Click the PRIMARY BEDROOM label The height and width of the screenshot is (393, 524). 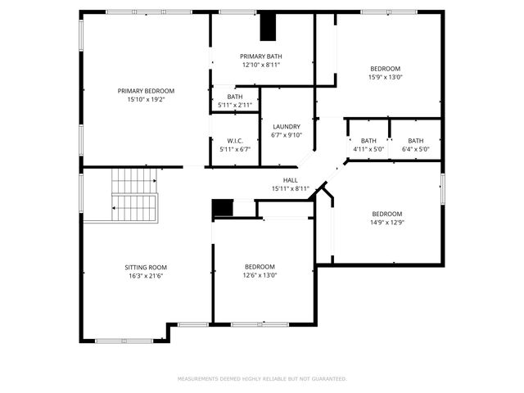pos(146,91)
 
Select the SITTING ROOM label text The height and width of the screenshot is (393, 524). pos(146,267)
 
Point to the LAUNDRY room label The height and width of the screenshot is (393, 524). pos(287,126)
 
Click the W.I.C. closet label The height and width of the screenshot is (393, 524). pos(235,140)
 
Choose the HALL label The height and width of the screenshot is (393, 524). pos(290,180)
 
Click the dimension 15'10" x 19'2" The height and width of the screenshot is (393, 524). pos(146,100)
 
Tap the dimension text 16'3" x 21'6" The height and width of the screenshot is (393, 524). pos(146,276)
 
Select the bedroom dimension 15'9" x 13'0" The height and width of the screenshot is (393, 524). pos(385,78)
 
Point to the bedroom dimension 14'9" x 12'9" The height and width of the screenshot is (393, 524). pos(387,222)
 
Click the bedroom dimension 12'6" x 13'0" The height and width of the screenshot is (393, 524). pos(260,275)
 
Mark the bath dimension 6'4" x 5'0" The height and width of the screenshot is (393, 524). pos(416,149)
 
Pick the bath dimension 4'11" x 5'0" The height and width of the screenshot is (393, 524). pos(368,149)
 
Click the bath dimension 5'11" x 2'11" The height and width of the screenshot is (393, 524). pos(235,105)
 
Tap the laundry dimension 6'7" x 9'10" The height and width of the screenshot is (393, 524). pos(287,135)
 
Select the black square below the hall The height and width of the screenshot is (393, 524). pos(222,208)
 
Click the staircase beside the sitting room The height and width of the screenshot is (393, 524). pos(133,195)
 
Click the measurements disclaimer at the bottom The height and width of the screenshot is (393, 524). pos(262,379)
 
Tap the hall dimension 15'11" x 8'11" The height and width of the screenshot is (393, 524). pos(290,189)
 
